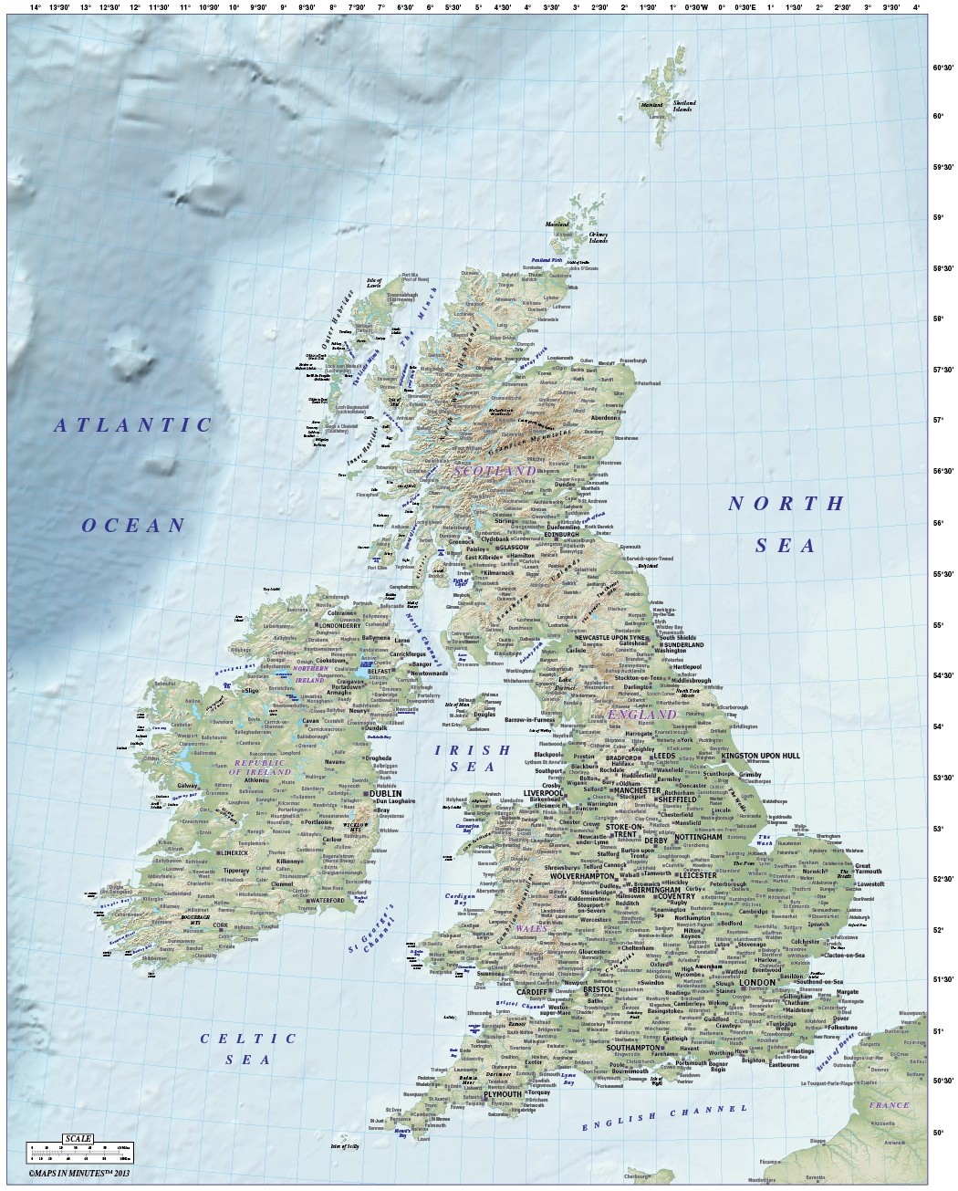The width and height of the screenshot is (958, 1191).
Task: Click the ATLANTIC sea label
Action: coord(133,424)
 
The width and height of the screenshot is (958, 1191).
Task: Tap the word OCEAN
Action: coord(133,525)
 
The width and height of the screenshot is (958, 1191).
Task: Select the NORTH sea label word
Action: coord(786,503)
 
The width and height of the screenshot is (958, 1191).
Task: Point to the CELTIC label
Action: coord(249,1039)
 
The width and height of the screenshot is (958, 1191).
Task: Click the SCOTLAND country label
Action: coord(495,471)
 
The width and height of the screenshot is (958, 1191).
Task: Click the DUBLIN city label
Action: coord(386,794)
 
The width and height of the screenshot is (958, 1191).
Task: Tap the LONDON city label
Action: coord(756,982)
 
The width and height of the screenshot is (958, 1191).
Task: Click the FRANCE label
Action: coord(889,1105)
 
